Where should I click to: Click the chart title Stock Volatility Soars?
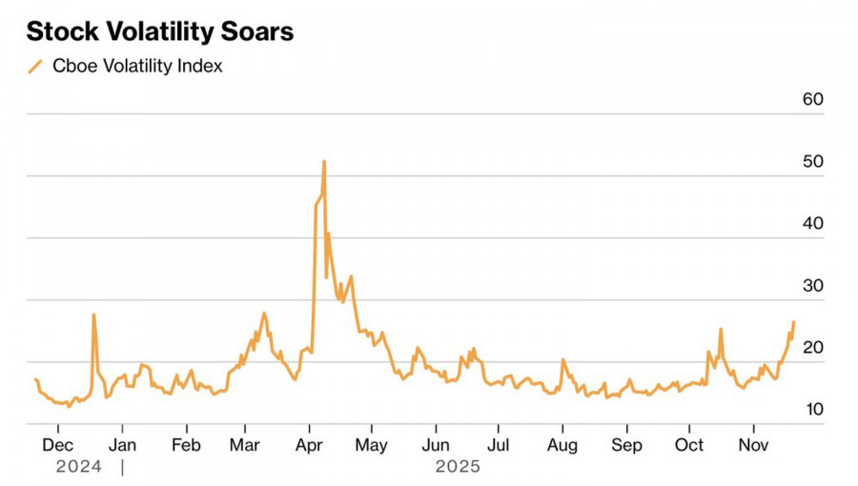[x=159, y=31]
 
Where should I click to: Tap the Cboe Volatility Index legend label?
[x=137, y=67]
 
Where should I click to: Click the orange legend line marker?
[x=36, y=67]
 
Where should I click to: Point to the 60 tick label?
[x=812, y=100]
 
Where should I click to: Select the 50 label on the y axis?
[x=812, y=162]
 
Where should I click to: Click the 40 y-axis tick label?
[x=812, y=224]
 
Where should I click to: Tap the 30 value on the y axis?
[x=812, y=286]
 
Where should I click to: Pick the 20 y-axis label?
[x=812, y=348]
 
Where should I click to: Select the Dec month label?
[x=58, y=445]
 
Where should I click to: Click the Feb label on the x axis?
[x=186, y=445]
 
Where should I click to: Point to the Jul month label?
[x=498, y=445]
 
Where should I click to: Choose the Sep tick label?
[x=626, y=445]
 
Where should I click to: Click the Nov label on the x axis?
[x=754, y=445]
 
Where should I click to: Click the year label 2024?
[x=78, y=467]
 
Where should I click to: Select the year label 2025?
[x=458, y=467]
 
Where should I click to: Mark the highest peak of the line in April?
[x=324, y=161]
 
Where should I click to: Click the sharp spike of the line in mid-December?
[x=93, y=314]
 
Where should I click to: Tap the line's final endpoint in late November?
[x=793, y=322]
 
